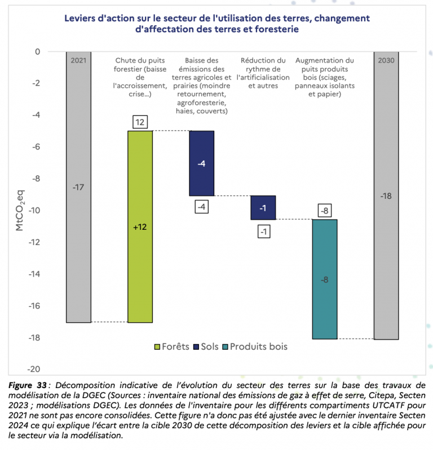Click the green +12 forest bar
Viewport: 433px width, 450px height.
coord(140,226)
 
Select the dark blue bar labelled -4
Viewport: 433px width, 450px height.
coord(201,163)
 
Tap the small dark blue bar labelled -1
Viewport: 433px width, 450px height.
coord(263,207)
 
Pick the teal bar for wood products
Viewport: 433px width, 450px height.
coord(324,279)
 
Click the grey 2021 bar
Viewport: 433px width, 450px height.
coord(78,187)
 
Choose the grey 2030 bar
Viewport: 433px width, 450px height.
coord(386,195)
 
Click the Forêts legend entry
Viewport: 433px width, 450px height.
coord(171,346)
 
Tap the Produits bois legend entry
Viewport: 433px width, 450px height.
coord(255,346)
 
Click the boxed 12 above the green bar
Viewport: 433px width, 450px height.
coord(140,122)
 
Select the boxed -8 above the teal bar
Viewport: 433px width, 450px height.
coord(324,211)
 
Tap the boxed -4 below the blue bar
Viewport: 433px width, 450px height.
coord(201,207)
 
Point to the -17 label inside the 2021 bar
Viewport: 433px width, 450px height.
coord(78,187)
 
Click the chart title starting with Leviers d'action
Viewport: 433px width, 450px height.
coord(216,24)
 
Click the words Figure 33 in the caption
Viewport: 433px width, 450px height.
coord(28,385)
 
